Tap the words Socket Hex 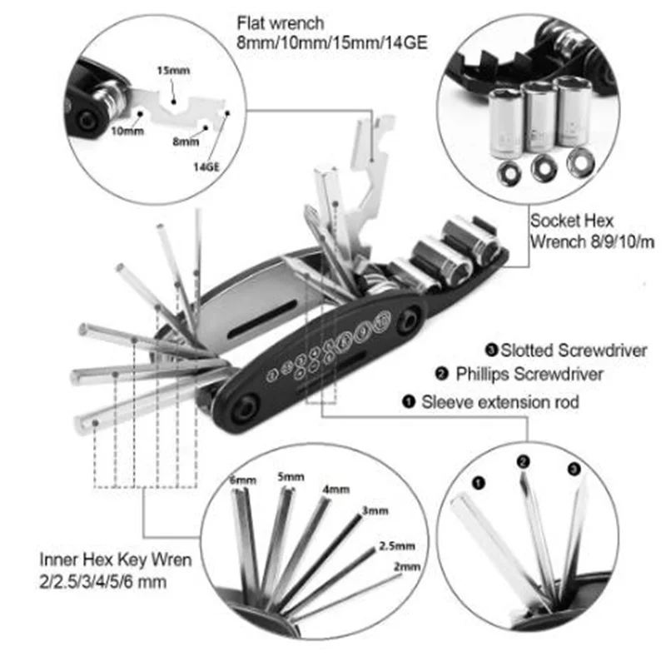[572, 221]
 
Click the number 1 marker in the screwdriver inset [477, 481]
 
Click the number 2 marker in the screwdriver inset [524, 460]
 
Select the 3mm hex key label [375, 509]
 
